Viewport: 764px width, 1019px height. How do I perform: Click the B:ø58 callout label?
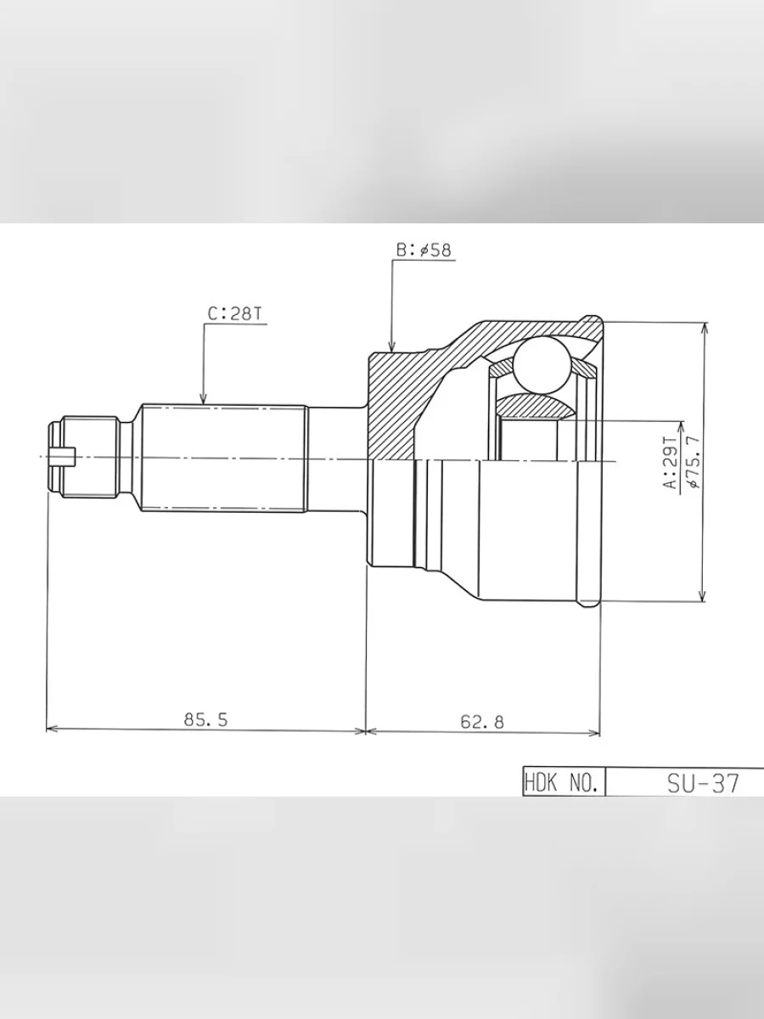point(424,251)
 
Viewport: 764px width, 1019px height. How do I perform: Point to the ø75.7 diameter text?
point(692,460)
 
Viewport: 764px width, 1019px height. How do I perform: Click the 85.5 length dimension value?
point(205,720)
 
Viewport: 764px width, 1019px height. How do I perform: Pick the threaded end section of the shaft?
point(89,458)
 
